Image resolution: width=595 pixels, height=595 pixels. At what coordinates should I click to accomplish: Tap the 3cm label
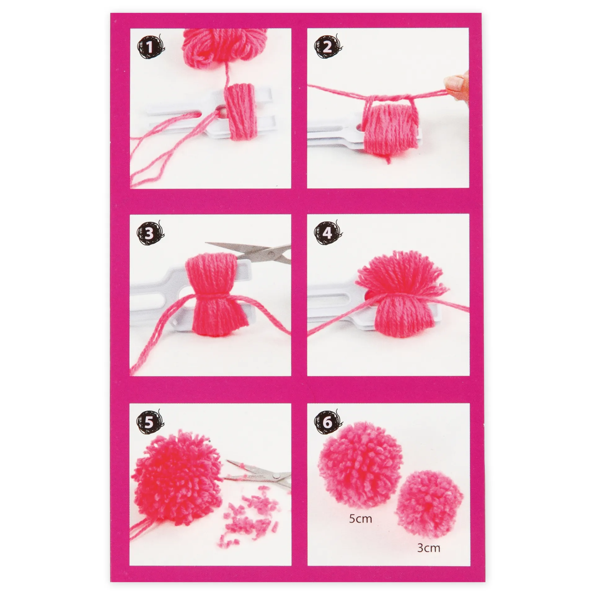pos(429,548)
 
